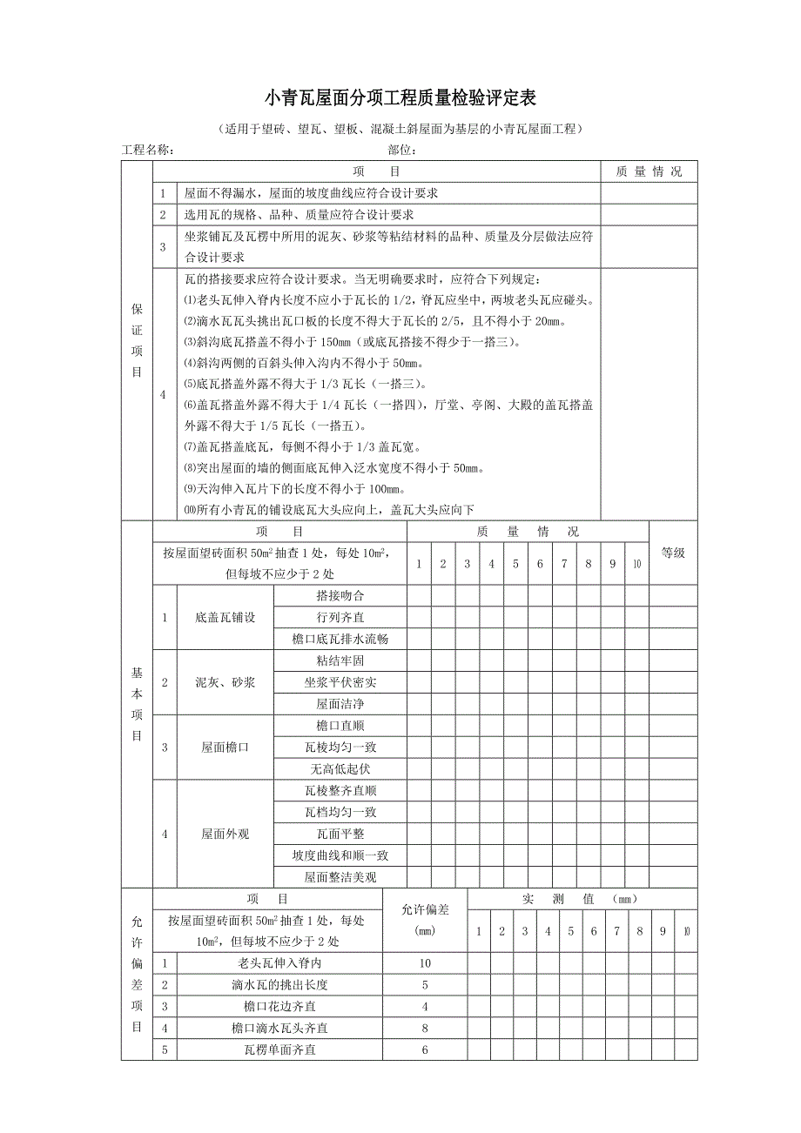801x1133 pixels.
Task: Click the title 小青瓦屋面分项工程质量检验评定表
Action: [400, 97]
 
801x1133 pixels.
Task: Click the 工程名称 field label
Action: [148, 150]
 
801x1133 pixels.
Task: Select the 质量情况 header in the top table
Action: [649, 171]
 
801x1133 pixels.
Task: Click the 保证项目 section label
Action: [137, 340]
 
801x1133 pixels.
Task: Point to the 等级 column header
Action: [673, 553]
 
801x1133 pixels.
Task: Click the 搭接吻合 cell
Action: [340, 596]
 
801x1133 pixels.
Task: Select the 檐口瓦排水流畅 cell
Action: [340, 639]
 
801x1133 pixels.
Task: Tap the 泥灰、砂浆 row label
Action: [225, 682]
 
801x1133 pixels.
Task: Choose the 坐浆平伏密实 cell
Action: [340, 682]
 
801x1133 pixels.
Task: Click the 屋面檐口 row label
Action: [225, 747]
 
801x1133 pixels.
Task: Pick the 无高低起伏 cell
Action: [340, 768]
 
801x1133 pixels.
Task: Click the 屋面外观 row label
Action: [225, 834]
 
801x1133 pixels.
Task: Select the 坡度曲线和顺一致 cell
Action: [340, 855]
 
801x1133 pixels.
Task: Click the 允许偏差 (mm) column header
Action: [425, 920]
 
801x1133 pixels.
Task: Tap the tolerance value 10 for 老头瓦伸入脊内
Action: [425, 963]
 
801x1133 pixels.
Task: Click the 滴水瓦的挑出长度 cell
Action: [279, 985]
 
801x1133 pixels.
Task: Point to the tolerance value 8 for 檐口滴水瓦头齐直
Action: [425, 1028]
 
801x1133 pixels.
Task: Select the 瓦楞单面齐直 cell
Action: [279, 1049]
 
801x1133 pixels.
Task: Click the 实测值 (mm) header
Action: [582, 899]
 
